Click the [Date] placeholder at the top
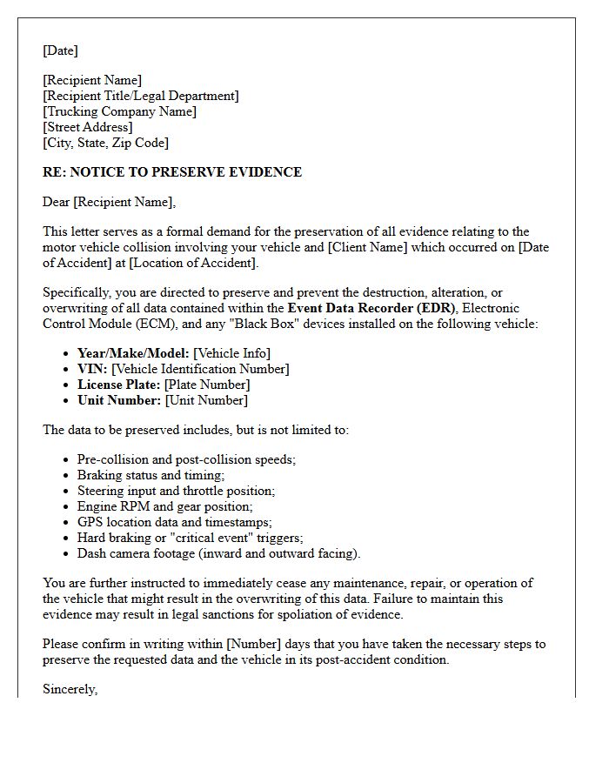pos(60,50)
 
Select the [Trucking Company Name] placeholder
pos(119,111)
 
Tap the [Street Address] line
pos(88,127)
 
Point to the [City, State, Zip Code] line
pos(105,143)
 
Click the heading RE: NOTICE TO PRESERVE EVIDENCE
pos(172,172)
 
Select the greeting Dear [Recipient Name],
pos(109,203)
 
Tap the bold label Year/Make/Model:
pos(134,353)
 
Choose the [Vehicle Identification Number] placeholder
pos(200,369)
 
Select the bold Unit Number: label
pos(119,400)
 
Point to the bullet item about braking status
pos(151,475)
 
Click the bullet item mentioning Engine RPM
pos(165,506)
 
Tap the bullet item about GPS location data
pos(174,522)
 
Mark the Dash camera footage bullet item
pos(218,553)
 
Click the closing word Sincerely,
pos(70,690)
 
